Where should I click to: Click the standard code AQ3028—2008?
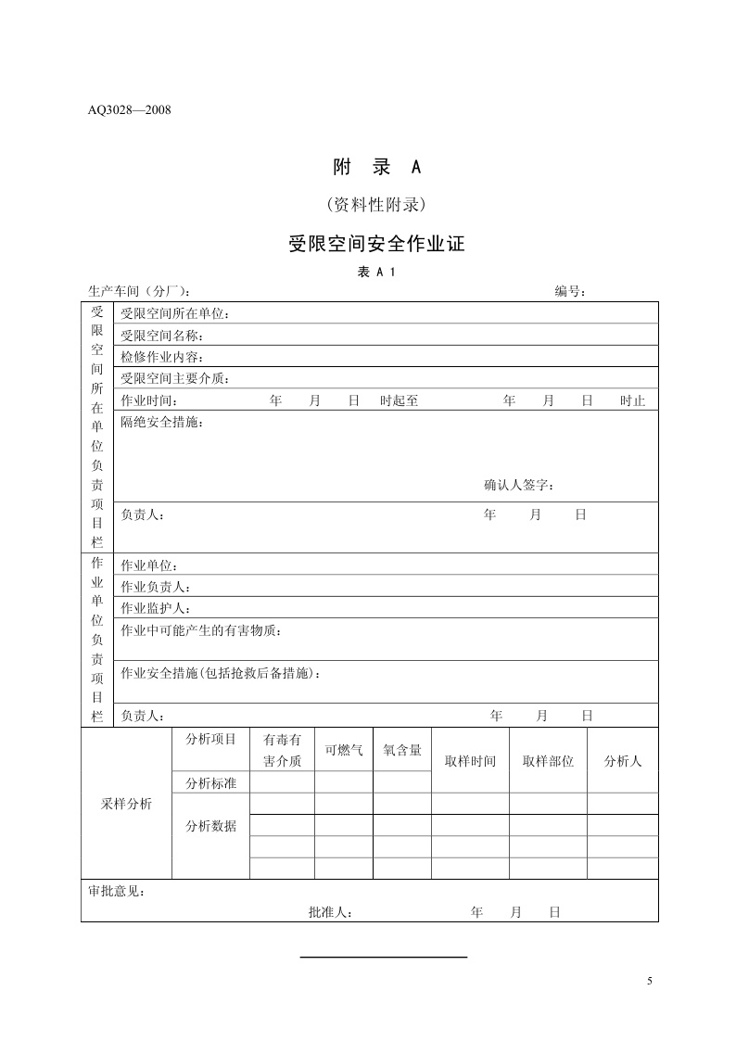(130, 109)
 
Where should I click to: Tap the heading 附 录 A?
(376, 167)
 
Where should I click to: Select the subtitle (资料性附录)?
(375, 204)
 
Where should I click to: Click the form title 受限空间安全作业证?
(376, 244)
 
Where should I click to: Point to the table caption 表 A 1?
(376, 272)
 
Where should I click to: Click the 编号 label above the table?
(570, 291)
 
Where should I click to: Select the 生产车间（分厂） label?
(140, 291)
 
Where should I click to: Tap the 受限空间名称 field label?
(162, 336)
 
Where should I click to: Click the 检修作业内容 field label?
(162, 357)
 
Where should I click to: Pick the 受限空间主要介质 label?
(175, 378)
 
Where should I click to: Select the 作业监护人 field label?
(156, 609)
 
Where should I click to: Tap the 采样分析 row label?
(126, 804)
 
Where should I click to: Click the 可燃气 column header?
(343, 751)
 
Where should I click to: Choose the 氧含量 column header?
(402, 751)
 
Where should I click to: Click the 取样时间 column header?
(470, 761)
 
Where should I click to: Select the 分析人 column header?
(623, 761)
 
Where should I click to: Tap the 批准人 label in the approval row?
(330, 912)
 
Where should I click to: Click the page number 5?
(650, 982)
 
